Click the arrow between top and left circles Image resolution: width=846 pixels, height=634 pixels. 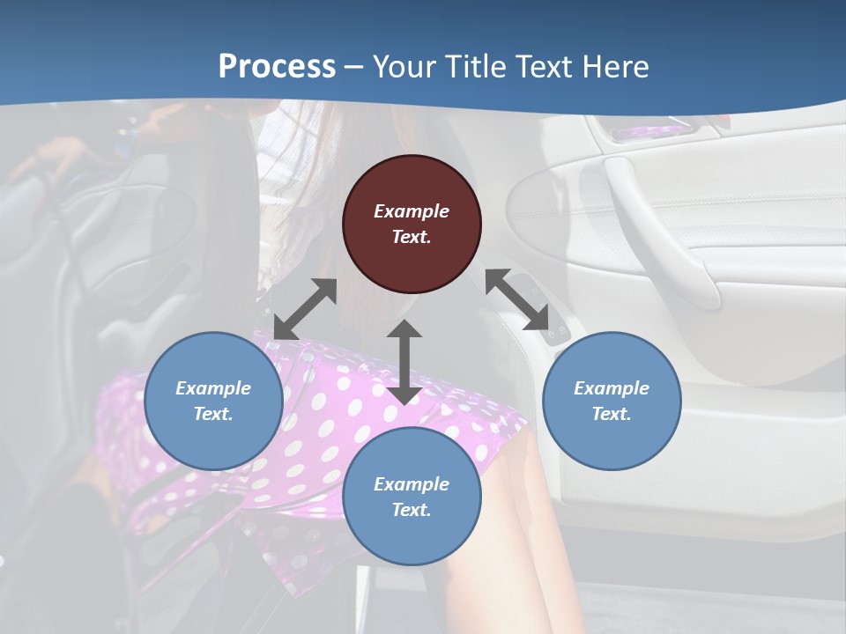tap(305, 309)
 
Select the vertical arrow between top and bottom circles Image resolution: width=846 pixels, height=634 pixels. tap(404, 362)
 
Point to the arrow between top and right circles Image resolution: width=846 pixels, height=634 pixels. tap(517, 299)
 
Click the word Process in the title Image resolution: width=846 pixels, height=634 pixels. tap(277, 66)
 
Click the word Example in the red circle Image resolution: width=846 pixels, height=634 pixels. tap(412, 211)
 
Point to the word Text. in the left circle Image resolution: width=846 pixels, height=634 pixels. tap(213, 414)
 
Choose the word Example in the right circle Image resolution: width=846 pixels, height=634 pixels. tap(612, 388)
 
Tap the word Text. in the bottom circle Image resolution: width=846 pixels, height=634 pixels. tap(412, 510)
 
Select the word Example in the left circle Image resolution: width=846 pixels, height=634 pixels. tap(213, 388)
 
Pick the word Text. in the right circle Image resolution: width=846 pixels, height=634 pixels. tap(612, 414)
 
